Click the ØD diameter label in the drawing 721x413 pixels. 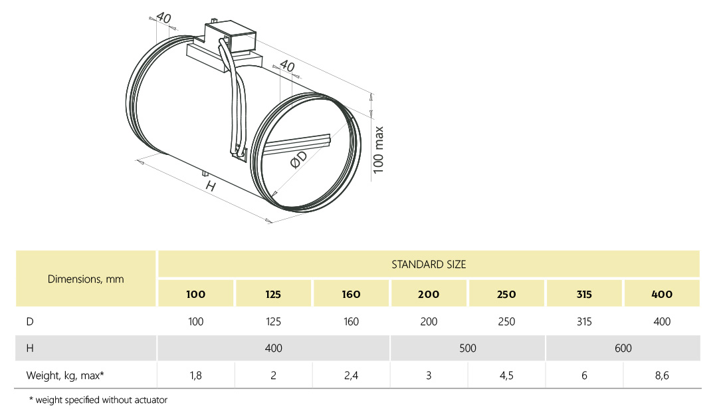[299, 160]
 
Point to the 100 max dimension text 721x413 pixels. [378, 150]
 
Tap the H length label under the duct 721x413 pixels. [211, 186]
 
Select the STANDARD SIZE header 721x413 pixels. [429, 264]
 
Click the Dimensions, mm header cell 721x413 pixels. [86, 279]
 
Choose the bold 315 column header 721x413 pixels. [584, 294]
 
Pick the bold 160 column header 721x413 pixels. [351, 294]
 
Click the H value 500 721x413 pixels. [468, 348]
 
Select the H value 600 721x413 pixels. [623, 348]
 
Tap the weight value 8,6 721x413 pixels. [662, 375]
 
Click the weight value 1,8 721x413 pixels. [195, 375]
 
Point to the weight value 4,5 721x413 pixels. [506, 375]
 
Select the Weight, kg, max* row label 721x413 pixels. [65, 375]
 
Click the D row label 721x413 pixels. [30, 321]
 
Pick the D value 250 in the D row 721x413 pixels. [506, 321]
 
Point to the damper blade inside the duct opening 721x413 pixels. [297, 144]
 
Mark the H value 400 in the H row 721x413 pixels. [273, 348]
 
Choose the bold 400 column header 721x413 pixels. [662, 294]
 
